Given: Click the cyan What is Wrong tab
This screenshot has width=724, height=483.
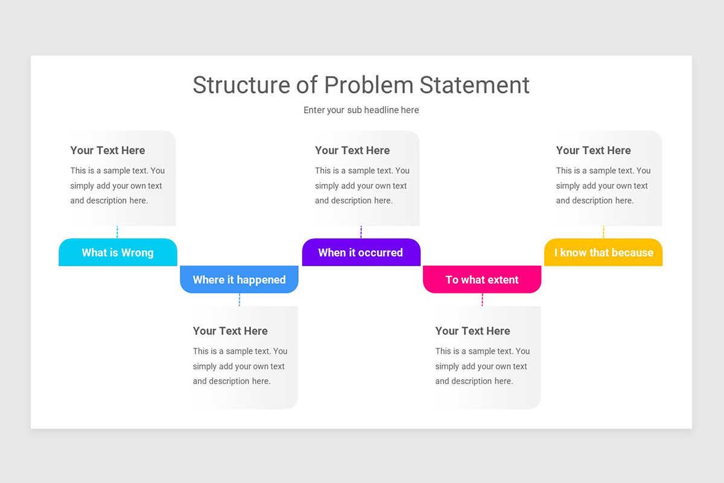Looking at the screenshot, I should [x=118, y=252].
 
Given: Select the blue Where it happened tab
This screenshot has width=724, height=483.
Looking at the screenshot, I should [x=239, y=280].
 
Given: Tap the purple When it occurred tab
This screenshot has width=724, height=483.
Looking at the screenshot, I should [x=361, y=252].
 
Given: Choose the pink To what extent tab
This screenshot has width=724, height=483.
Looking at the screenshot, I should [x=482, y=280].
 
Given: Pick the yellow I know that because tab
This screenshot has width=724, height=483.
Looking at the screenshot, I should [x=603, y=252].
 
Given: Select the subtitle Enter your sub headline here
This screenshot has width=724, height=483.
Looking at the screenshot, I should [x=361, y=110].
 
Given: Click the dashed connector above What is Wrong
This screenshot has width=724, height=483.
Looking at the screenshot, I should [x=118, y=232].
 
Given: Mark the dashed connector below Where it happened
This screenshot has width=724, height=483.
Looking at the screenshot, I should [x=240, y=299].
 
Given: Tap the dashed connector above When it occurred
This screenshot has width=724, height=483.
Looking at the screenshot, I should [x=361, y=232].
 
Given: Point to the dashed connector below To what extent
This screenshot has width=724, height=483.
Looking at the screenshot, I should [x=482, y=299].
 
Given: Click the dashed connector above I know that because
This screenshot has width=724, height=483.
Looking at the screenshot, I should [x=603, y=232].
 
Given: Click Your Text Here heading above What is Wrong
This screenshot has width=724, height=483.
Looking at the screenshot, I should [x=107, y=150].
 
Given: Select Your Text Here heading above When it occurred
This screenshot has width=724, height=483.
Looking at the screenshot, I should [x=352, y=150].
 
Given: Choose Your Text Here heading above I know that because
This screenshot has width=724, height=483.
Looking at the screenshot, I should [x=593, y=150].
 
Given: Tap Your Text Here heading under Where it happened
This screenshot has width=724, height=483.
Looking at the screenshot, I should [x=230, y=331].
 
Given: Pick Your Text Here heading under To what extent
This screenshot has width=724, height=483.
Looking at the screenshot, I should [x=472, y=331].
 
